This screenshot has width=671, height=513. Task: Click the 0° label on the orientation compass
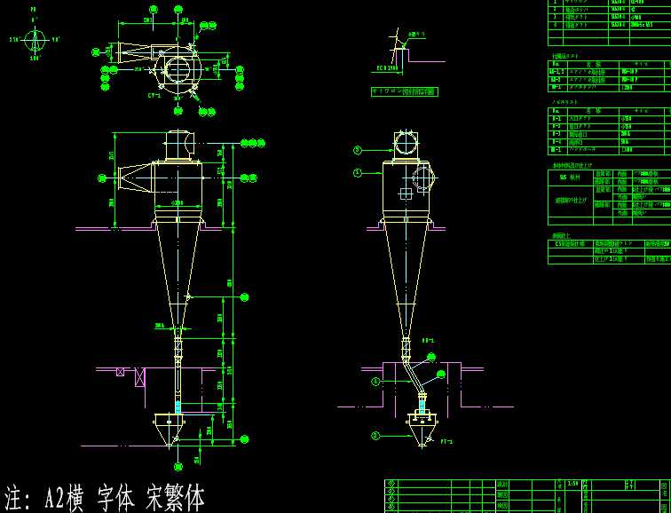[x=34, y=20]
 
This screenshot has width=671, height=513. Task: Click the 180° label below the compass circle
[x=35, y=58]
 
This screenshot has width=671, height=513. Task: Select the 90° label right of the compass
[x=56, y=39]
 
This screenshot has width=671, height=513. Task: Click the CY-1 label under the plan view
[x=154, y=95]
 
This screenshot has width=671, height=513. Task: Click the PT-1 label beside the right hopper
[x=446, y=441]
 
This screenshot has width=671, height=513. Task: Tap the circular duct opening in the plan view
[x=178, y=69]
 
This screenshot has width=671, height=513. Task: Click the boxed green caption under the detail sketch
[x=404, y=91]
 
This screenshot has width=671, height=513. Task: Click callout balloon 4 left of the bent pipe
[x=375, y=382]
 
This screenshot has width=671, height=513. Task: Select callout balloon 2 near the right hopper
[x=375, y=436]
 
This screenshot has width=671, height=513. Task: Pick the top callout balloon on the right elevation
[x=358, y=150]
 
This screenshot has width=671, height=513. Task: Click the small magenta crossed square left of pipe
[x=120, y=372]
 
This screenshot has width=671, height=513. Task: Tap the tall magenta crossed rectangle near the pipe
[x=140, y=377]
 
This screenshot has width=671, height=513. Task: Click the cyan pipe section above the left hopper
[x=178, y=406]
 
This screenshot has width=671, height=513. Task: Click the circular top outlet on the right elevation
[x=406, y=143]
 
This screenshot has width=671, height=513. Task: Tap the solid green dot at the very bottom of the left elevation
[x=178, y=466]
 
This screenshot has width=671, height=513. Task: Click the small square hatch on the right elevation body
[x=406, y=193]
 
